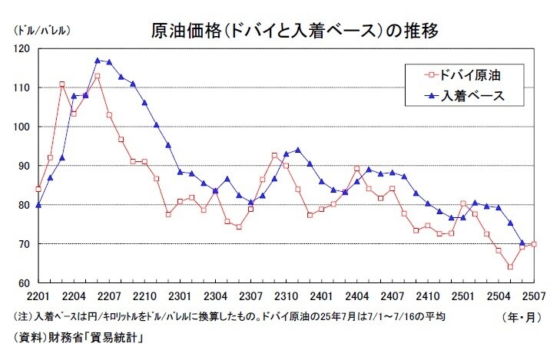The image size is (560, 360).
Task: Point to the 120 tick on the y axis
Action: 25,48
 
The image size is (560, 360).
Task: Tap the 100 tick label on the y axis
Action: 25,127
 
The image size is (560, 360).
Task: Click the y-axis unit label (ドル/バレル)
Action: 40,31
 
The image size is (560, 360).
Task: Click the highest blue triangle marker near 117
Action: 98,60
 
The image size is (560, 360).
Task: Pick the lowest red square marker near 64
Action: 510,267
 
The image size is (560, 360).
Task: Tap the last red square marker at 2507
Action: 534,244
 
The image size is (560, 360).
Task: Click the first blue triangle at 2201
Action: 38,205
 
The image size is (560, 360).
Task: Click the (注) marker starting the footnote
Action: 22,316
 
